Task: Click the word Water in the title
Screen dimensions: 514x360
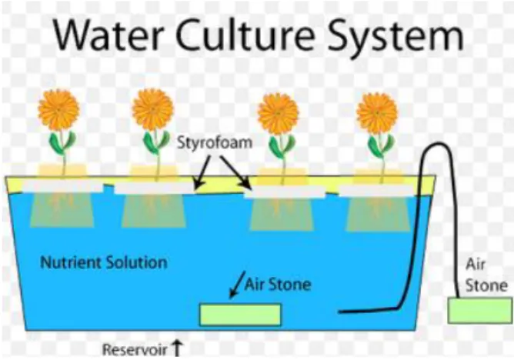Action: click(108, 34)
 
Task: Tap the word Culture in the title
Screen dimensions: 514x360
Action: click(245, 34)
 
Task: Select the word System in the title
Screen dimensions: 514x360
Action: click(396, 37)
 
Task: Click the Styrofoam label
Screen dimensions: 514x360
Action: click(215, 143)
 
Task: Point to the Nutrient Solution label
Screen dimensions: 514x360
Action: click(104, 263)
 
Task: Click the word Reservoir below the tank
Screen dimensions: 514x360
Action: click(135, 349)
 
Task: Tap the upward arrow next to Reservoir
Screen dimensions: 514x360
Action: click(177, 348)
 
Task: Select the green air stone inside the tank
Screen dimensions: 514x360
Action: click(240, 315)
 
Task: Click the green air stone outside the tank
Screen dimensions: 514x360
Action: click(480, 311)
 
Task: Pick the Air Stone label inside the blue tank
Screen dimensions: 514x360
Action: click(278, 285)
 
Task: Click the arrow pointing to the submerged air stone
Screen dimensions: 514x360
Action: click(237, 285)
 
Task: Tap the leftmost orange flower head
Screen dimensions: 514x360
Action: click(58, 110)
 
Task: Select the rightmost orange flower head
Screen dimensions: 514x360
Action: click(377, 113)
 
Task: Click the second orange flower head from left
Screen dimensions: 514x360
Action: click(152, 109)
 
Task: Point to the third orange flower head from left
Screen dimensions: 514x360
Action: click(278, 114)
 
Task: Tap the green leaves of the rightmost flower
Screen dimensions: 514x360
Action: click(381, 145)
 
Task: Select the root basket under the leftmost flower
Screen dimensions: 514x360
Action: click(62, 210)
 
